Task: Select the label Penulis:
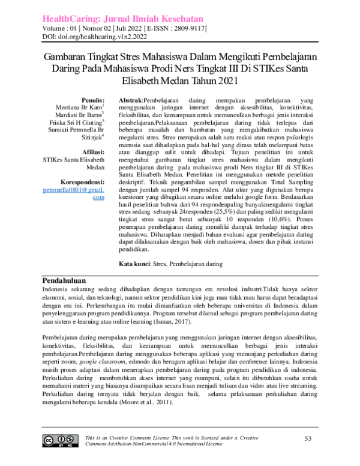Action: coord(92,100)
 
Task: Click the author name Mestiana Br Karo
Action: coord(82,107)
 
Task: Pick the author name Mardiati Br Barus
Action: coord(80,115)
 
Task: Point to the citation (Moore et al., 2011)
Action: coord(140,401)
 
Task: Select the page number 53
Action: coord(308,440)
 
